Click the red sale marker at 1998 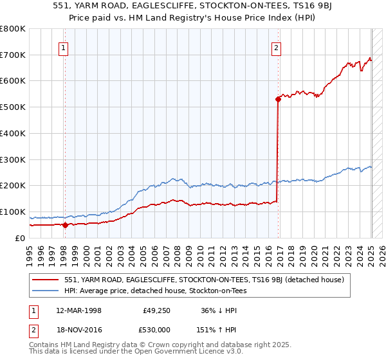[65, 225]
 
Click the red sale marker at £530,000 [278, 99]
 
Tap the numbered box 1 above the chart [64, 47]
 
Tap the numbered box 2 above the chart [276, 47]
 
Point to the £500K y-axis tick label [13, 107]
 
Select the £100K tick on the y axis [13, 212]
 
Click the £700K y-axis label [13, 55]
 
